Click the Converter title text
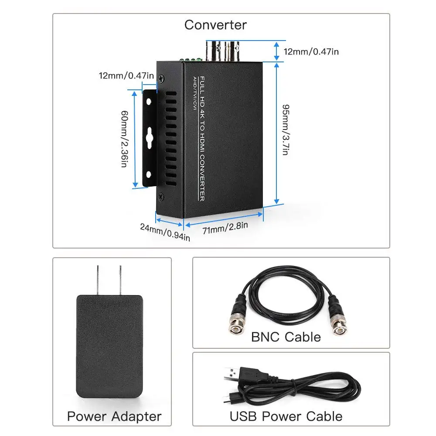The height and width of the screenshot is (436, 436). pyautogui.click(x=215, y=25)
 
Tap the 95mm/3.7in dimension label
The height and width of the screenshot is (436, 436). pyautogui.click(x=286, y=130)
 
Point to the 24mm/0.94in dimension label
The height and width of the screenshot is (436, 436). pyautogui.click(x=165, y=232)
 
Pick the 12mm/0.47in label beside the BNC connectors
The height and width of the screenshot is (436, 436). pyautogui.click(x=311, y=51)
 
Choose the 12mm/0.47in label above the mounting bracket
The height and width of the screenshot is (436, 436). pyautogui.click(x=126, y=75)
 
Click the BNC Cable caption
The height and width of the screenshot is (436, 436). pyautogui.click(x=286, y=337)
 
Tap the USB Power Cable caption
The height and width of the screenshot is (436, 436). pyautogui.click(x=286, y=416)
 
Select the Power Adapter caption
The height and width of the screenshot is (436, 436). pyautogui.click(x=114, y=416)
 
